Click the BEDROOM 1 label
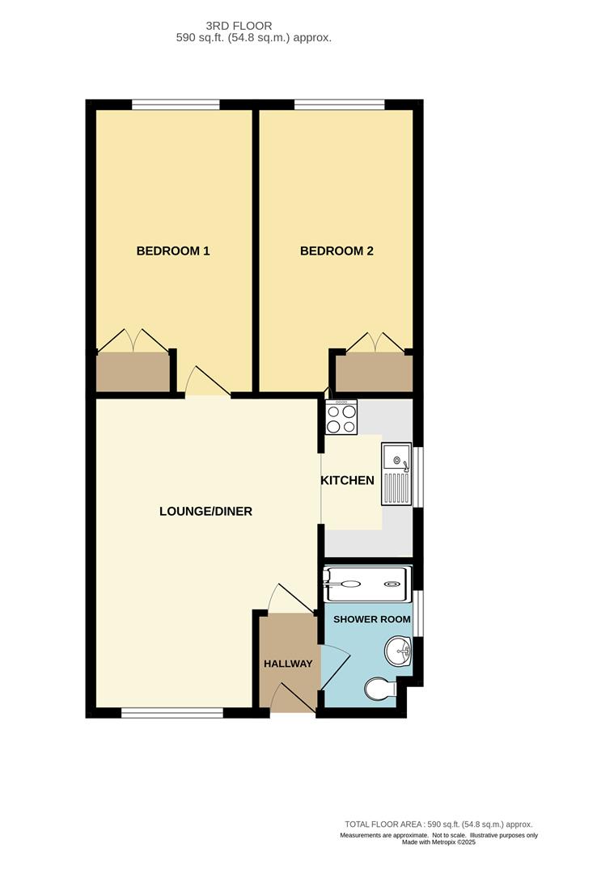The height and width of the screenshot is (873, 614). click(x=173, y=251)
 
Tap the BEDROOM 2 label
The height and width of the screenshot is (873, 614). click(x=337, y=251)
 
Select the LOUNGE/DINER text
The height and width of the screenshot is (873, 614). click(x=205, y=511)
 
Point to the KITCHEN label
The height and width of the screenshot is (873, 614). click(x=348, y=480)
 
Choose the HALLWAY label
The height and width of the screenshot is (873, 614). click(x=288, y=664)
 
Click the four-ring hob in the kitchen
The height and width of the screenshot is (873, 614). click(x=341, y=416)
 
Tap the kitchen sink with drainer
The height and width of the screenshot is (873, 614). click(x=397, y=474)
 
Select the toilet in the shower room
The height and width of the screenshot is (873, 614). click(x=379, y=690)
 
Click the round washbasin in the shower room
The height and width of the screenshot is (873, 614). click(x=399, y=651)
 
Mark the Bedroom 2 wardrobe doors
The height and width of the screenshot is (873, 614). click(x=374, y=343)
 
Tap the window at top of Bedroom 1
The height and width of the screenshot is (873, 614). click(x=176, y=103)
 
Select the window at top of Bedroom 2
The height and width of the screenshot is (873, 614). click(x=339, y=103)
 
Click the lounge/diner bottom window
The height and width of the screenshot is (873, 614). click(x=171, y=713)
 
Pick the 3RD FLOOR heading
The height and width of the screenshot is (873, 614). click(x=239, y=26)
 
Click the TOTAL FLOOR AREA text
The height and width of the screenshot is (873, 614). click(x=438, y=824)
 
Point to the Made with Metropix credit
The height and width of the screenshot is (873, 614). click(x=438, y=842)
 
